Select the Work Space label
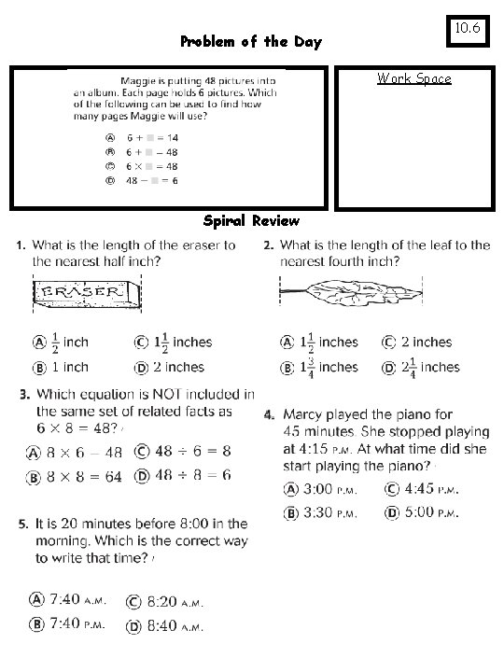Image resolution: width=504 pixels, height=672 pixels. click(x=413, y=78)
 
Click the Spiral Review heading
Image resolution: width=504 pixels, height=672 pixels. click(x=251, y=221)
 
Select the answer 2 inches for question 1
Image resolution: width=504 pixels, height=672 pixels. click(x=170, y=367)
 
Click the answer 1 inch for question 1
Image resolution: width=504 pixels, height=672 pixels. click(x=65, y=367)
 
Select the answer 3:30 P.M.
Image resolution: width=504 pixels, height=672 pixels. click(x=322, y=512)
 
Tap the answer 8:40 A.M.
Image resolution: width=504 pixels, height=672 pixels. click(x=177, y=625)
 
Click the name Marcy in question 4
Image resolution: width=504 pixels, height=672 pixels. click(x=303, y=413)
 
